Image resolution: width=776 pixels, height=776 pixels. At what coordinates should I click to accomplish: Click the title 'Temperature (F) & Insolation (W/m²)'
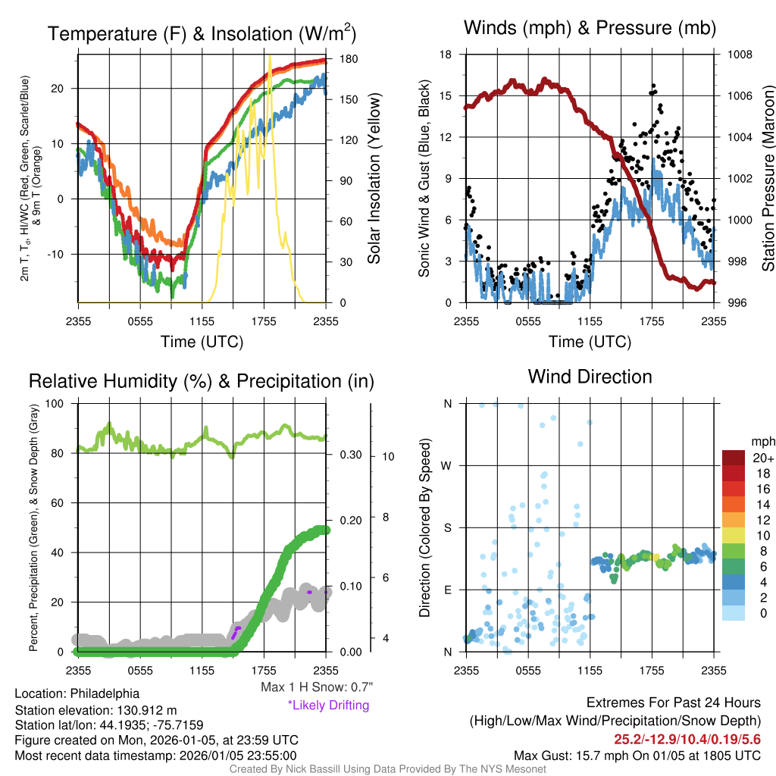pos(202,33)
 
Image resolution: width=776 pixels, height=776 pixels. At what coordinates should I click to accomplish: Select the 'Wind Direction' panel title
pos(590,377)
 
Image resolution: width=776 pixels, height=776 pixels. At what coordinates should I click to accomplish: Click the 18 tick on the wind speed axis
pos(446,55)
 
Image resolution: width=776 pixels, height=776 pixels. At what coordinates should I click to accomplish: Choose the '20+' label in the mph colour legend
pos(763,458)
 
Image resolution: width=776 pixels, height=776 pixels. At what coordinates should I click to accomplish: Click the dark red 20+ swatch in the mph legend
pos(735,458)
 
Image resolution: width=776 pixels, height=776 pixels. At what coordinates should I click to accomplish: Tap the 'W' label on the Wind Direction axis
pos(447,465)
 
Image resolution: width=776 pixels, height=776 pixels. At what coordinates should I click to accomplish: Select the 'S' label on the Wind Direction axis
pos(447,527)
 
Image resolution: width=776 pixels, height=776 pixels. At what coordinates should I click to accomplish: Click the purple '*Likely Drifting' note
pos(328,705)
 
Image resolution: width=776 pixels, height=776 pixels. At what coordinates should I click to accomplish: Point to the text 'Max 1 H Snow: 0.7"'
pos(316,687)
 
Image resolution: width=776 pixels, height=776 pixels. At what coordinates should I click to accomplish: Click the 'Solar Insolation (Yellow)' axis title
pos(374,179)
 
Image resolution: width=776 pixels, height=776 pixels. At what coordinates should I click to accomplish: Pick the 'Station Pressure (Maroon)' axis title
pos(767,179)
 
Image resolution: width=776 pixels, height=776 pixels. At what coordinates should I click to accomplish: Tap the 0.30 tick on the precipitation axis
pos(349,455)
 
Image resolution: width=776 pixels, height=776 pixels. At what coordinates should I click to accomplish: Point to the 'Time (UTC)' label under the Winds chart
pos(590,342)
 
